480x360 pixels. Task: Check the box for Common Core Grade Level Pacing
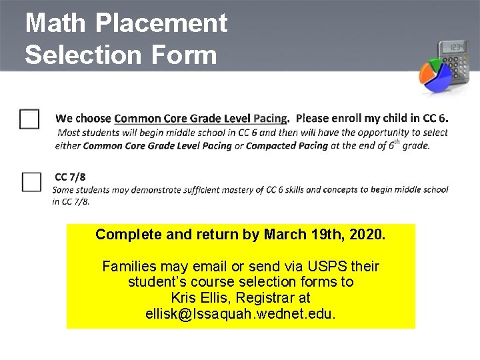coord(29,119)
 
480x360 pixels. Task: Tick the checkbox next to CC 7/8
coord(31,181)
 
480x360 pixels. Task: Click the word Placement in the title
coord(163,23)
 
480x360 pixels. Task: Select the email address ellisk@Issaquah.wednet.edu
coord(241,312)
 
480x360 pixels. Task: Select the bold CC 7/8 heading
coord(70,177)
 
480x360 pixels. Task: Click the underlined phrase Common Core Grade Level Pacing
coord(201,119)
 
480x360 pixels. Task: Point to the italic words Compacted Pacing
coord(287,145)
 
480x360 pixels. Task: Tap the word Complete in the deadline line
coord(123,235)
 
